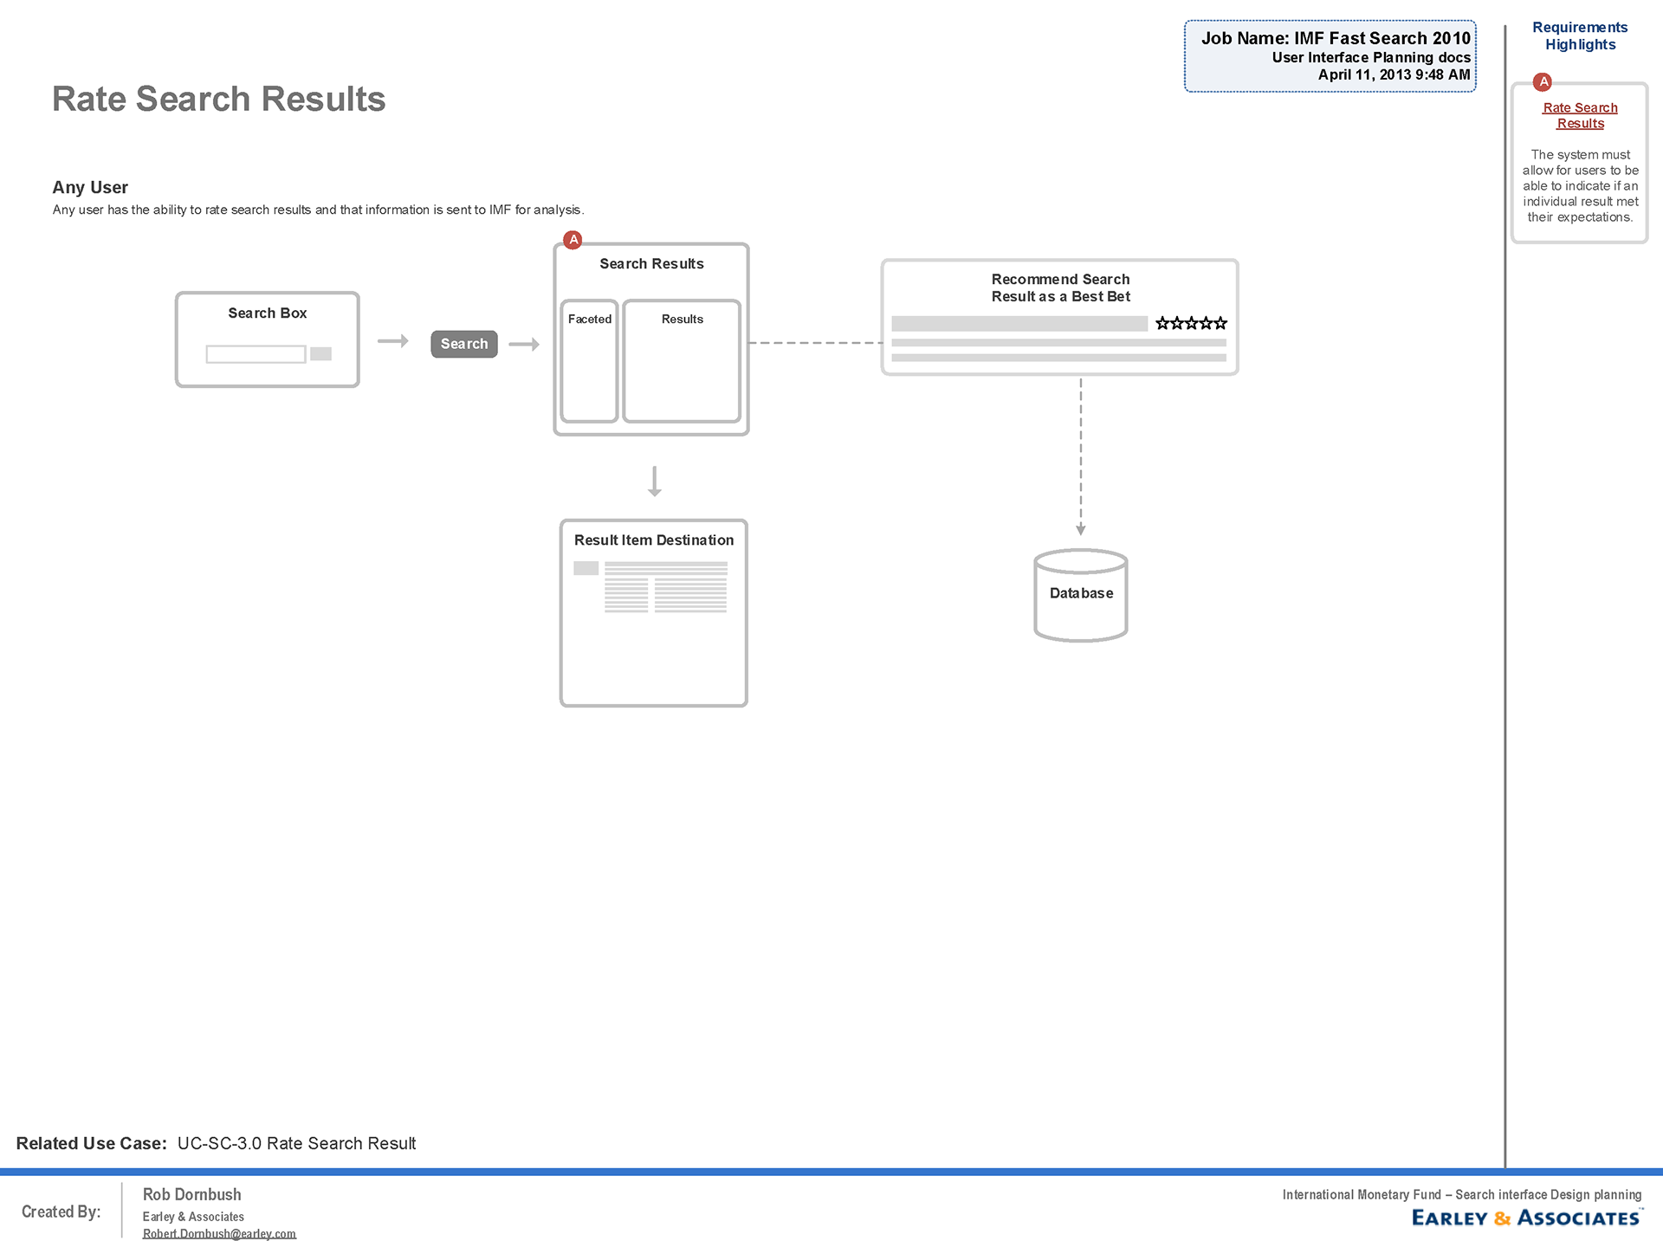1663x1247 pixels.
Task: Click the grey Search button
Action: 464,344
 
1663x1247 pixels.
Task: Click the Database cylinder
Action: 1081,595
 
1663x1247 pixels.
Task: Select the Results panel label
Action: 683,320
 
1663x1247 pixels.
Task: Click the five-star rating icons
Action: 1191,323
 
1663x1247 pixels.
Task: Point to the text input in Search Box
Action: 256,354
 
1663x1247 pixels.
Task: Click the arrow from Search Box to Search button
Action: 393,341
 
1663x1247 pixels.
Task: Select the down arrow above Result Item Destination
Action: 655,481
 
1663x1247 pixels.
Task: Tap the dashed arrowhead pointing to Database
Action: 1081,529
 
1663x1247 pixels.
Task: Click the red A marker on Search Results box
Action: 573,240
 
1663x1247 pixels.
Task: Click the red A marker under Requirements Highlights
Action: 1543,82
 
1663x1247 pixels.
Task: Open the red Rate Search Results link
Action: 1580,116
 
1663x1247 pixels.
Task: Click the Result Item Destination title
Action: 654,540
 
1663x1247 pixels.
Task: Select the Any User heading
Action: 90,188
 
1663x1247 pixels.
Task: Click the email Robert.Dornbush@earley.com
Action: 219,1233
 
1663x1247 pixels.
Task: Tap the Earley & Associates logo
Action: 1526,1218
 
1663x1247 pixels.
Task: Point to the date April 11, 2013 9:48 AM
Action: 1394,74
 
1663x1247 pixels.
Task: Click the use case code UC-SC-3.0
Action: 219,1143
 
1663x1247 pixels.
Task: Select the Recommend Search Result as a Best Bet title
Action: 1060,288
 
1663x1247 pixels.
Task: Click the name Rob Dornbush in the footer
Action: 191,1194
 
